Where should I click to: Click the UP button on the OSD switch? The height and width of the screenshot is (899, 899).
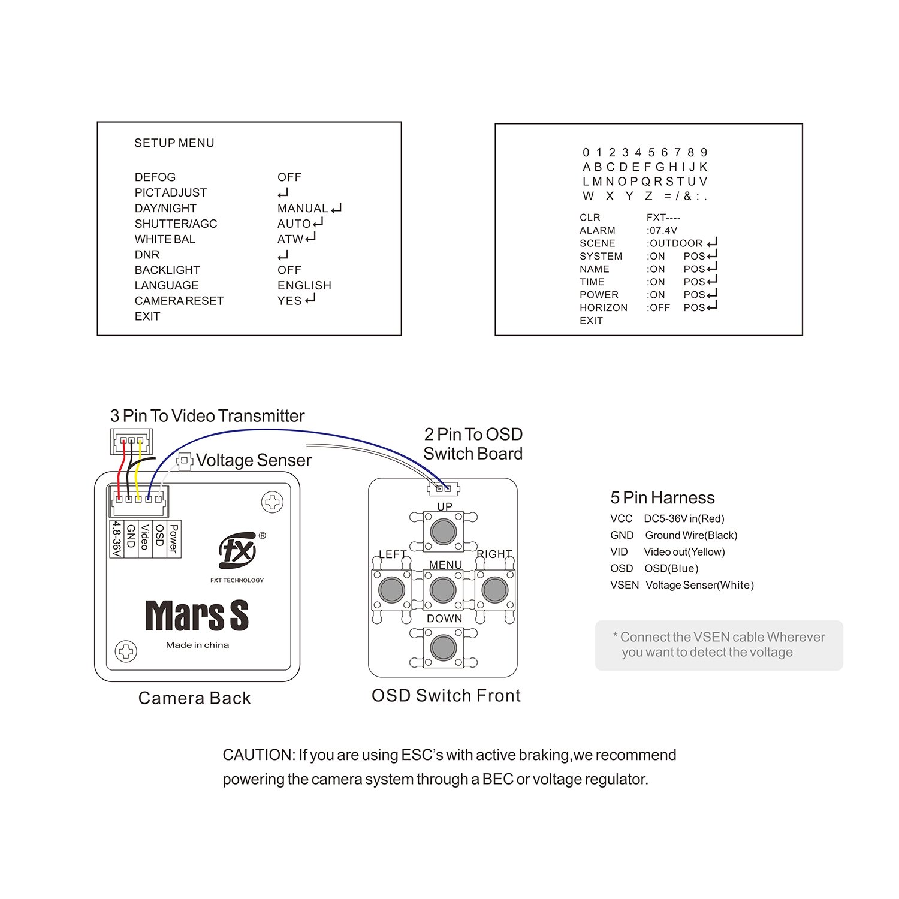pos(444,531)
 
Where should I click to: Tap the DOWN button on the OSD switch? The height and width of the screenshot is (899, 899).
pos(444,647)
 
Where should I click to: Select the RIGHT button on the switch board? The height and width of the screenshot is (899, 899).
pos(495,590)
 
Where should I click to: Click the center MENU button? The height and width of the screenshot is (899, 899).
pos(444,590)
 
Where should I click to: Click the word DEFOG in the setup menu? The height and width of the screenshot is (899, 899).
pos(155,177)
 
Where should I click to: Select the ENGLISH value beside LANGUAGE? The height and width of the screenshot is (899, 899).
pos(304,286)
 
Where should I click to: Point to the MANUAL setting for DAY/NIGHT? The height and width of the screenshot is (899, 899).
pos(303,209)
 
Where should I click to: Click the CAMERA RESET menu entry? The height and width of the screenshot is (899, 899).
pos(179,301)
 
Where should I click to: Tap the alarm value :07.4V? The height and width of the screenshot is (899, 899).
pos(662,230)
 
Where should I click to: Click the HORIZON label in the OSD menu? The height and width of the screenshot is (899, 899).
pos(604,308)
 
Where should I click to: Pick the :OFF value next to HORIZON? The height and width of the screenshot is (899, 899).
pos(659,308)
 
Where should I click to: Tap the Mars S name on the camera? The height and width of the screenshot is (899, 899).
pos(197,616)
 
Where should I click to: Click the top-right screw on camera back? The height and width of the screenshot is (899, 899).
pos(273,502)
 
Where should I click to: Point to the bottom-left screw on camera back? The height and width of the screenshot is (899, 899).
pos(126,651)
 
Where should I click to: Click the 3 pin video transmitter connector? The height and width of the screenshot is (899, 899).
pos(131,442)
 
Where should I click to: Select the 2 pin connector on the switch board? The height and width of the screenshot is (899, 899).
pos(444,488)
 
